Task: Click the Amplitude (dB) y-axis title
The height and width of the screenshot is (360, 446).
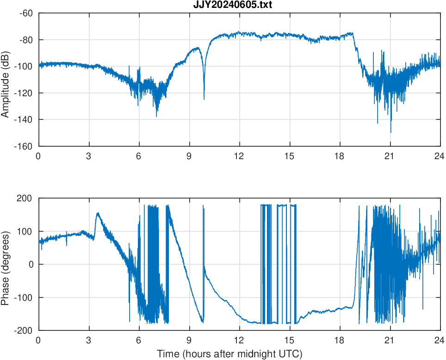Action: click(6, 80)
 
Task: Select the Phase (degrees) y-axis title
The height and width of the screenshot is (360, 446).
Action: click(6, 264)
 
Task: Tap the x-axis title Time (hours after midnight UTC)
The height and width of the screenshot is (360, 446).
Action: click(229, 354)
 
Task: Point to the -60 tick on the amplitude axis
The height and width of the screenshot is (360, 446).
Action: click(26, 13)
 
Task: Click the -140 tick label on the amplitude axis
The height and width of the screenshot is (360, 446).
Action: click(24, 120)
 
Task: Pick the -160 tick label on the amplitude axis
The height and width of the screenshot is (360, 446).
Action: click(24, 146)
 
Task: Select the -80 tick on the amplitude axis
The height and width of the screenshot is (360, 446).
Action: click(26, 40)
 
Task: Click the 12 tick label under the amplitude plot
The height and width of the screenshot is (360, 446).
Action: click(239, 156)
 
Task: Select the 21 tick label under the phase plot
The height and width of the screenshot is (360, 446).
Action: click(390, 340)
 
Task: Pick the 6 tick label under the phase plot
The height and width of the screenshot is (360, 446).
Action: click(139, 340)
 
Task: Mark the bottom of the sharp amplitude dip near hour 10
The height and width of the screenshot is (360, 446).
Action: click(204, 99)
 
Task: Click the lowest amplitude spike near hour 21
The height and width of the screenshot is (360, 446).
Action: click(390, 132)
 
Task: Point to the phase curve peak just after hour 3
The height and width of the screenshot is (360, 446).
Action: click(98, 213)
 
